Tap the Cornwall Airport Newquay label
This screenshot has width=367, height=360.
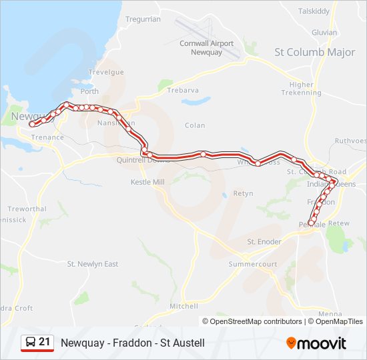point(207,47)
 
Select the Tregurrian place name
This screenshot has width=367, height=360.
point(143,19)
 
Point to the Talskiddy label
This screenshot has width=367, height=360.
point(314,11)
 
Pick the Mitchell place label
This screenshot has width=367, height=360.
point(183,306)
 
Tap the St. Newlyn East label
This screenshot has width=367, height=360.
point(93,264)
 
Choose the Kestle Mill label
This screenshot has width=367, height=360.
point(147,181)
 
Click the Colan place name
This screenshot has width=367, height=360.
point(196,125)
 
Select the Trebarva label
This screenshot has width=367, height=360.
point(183,90)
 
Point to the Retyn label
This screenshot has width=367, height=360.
point(243,193)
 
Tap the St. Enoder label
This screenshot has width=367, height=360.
point(265,241)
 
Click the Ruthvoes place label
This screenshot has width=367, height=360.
point(350,141)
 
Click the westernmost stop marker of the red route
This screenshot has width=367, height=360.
point(32,124)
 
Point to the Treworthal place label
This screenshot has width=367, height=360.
point(27,209)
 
